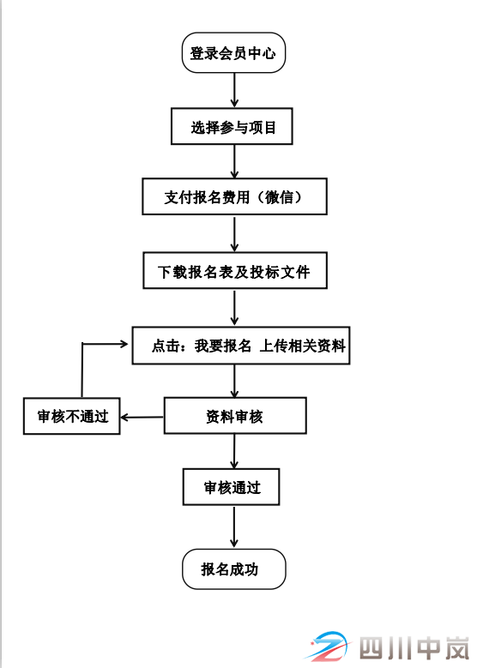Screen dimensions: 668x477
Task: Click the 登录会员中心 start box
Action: [233, 53]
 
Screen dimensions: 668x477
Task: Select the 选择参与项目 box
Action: [233, 128]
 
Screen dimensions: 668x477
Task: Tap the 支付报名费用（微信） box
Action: [234, 197]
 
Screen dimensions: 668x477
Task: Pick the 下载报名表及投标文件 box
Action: [233, 272]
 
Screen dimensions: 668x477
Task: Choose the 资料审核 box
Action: [234, 416]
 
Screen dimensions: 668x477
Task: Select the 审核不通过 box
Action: [72, 417]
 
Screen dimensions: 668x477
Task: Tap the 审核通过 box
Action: [232, 488]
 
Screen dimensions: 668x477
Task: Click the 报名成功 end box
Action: [232, 569]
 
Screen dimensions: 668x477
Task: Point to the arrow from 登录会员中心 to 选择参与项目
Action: [234, 89]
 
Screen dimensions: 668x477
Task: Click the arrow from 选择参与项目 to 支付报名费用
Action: [234, 161]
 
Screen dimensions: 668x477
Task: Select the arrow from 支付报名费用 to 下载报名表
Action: [234, 232]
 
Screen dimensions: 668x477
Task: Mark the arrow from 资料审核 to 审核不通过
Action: [142, 418]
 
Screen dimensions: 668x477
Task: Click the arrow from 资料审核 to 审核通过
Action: [234, 450]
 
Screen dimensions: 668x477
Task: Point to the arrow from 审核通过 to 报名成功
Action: [234, 527]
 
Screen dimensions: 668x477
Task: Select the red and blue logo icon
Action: [329, 647]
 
